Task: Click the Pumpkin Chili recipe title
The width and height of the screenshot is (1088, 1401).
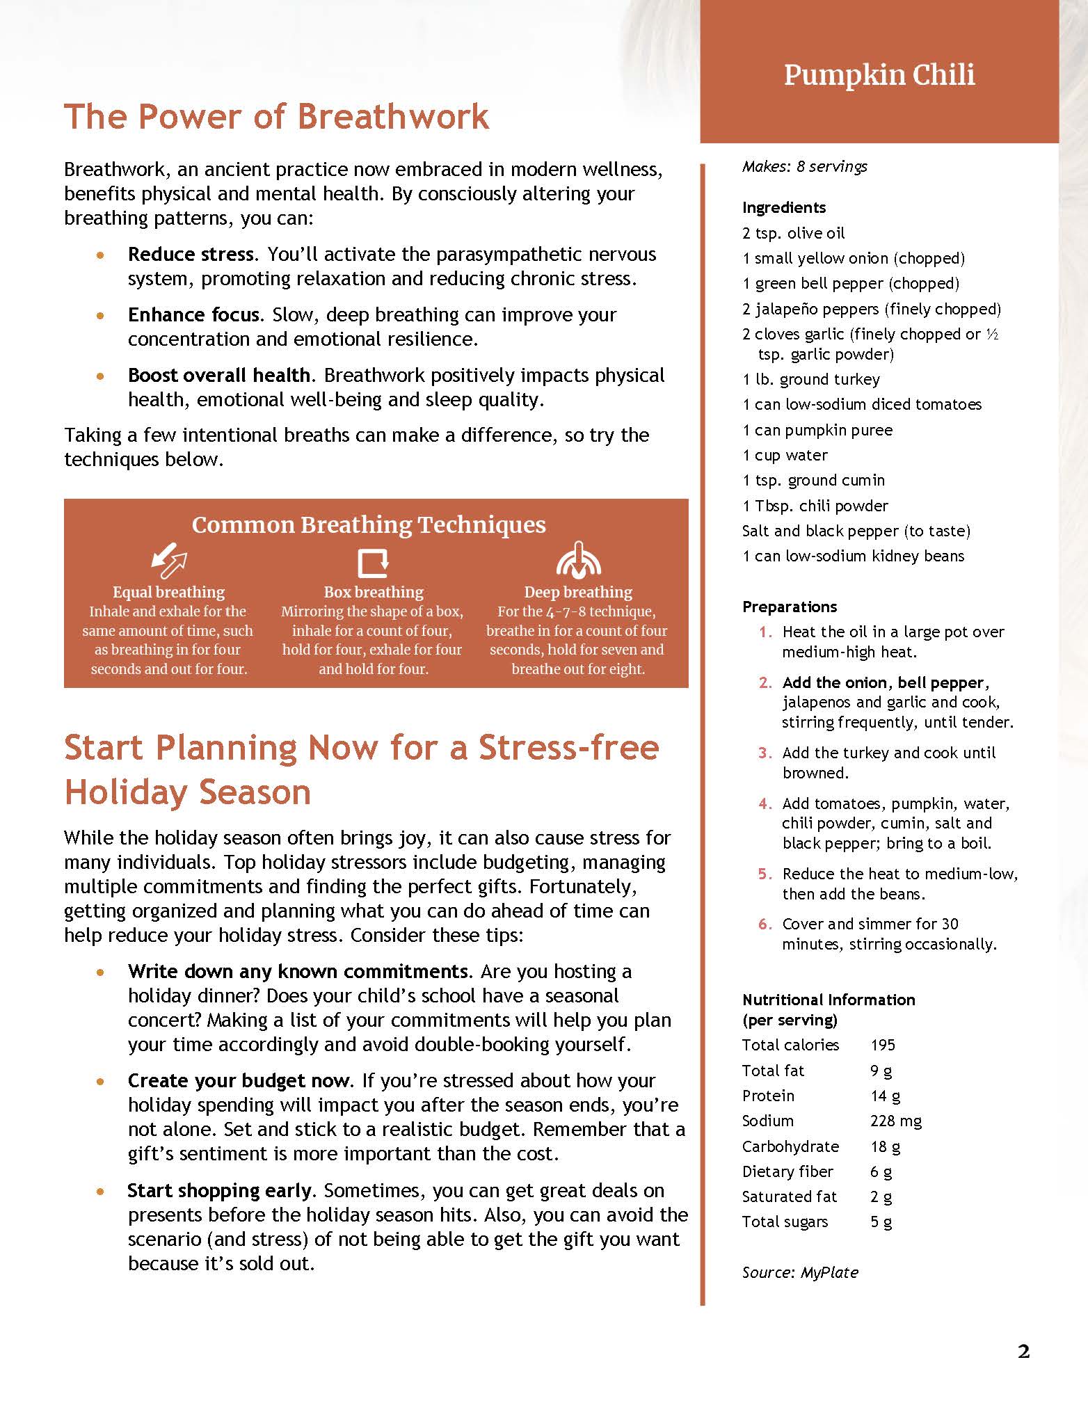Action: [879, 74]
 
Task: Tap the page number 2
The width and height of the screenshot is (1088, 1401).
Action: [1023, 1351]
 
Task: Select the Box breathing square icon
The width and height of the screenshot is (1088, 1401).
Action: [373, 562]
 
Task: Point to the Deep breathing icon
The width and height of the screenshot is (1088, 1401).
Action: [578, 561]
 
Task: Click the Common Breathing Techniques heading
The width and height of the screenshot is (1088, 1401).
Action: [369, 525]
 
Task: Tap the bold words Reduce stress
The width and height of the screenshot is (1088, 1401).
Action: [192, 255]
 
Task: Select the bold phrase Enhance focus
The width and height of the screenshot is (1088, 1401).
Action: [193, 315]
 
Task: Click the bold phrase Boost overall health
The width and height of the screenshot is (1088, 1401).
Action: [218, 376]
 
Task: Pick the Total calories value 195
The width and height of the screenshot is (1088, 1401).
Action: [883, 1045]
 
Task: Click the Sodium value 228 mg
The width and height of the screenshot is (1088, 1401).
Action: [895, 1121]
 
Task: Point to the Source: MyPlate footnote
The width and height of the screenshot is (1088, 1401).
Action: [800, 1272]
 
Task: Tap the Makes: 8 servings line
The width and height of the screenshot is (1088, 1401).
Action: [804, 167]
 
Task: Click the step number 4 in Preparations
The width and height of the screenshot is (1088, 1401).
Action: [765, 804]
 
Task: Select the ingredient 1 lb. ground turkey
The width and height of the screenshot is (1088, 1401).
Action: [811, 380]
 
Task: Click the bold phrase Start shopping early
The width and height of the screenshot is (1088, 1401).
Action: [219, 1191]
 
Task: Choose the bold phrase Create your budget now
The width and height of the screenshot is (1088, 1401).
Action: [238, 1081]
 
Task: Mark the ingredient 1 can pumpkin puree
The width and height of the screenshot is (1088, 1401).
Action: [817, 431]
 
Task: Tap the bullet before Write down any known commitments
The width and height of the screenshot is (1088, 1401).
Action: [102, 972]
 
